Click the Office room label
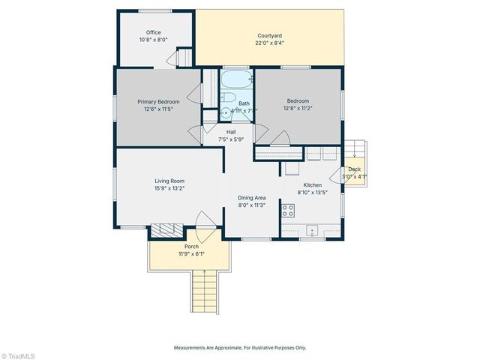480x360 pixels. (153, 32)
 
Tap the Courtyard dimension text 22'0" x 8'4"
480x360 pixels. (270, 43)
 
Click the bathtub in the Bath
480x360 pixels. (236, 79)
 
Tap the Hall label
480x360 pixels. (231, 132)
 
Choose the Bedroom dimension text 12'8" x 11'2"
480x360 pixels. (298, 108)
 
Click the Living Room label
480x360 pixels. (169, 181)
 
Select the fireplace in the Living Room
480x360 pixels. (163, 231)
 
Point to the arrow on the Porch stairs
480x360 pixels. (203, 274)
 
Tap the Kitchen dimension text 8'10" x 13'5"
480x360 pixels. (313, 193)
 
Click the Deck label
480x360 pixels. (354, 169)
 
